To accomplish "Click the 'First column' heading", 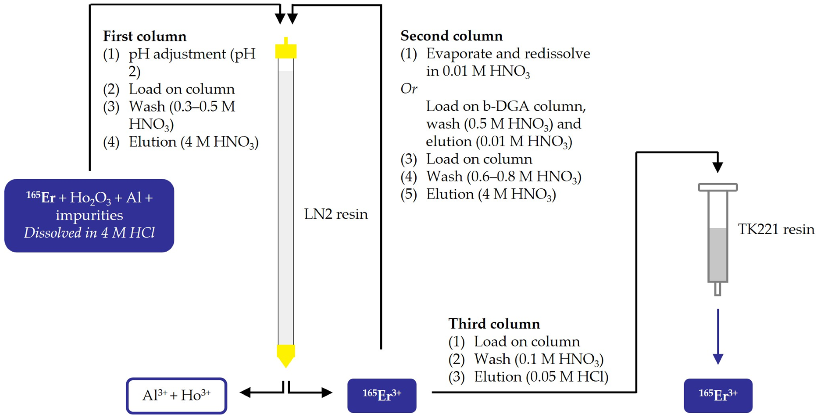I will click(144, 36).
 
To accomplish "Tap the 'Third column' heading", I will click(494, 324).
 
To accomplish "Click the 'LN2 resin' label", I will click(336, 214).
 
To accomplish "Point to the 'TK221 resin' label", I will click(776, 229).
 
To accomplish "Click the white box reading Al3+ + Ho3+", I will click(177, 396).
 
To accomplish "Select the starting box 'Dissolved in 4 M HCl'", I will click(89, 215).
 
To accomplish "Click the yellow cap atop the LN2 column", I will click(286, 51).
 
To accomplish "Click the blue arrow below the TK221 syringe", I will click(718, 337).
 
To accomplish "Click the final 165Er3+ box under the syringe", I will click(718, 396).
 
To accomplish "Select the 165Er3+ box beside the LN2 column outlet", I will click(382, 396).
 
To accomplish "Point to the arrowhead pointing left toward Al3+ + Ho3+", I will click(245, 393).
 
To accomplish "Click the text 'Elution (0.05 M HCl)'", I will click(541, 377).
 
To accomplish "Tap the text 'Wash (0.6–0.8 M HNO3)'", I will click(504, 177).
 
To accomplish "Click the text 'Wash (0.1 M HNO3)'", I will click(539, 359).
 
